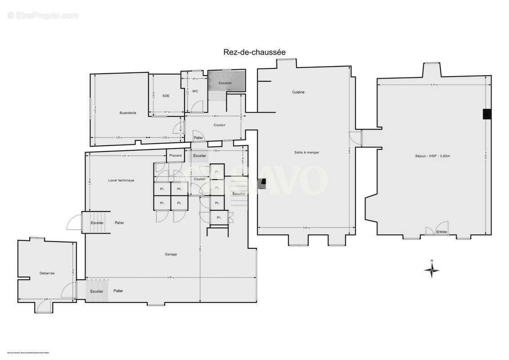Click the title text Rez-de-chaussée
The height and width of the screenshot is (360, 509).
254,52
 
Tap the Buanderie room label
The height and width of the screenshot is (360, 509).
128,112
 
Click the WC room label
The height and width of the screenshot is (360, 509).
195,91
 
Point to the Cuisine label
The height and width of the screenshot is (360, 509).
298,92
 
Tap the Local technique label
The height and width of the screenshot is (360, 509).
121,180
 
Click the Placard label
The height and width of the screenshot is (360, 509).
176,156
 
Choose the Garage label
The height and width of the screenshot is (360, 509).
171,254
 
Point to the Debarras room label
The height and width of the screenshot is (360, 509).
47,273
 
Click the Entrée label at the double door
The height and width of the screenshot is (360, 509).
441,232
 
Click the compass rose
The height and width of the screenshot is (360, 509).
432,270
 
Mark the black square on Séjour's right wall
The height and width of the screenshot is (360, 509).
486,114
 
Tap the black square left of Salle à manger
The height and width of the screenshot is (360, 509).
263,183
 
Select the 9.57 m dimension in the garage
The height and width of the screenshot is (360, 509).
171,278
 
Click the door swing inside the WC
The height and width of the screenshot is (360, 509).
197,107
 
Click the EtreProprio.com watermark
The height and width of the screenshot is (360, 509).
43,16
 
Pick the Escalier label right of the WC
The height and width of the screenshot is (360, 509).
225,84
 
